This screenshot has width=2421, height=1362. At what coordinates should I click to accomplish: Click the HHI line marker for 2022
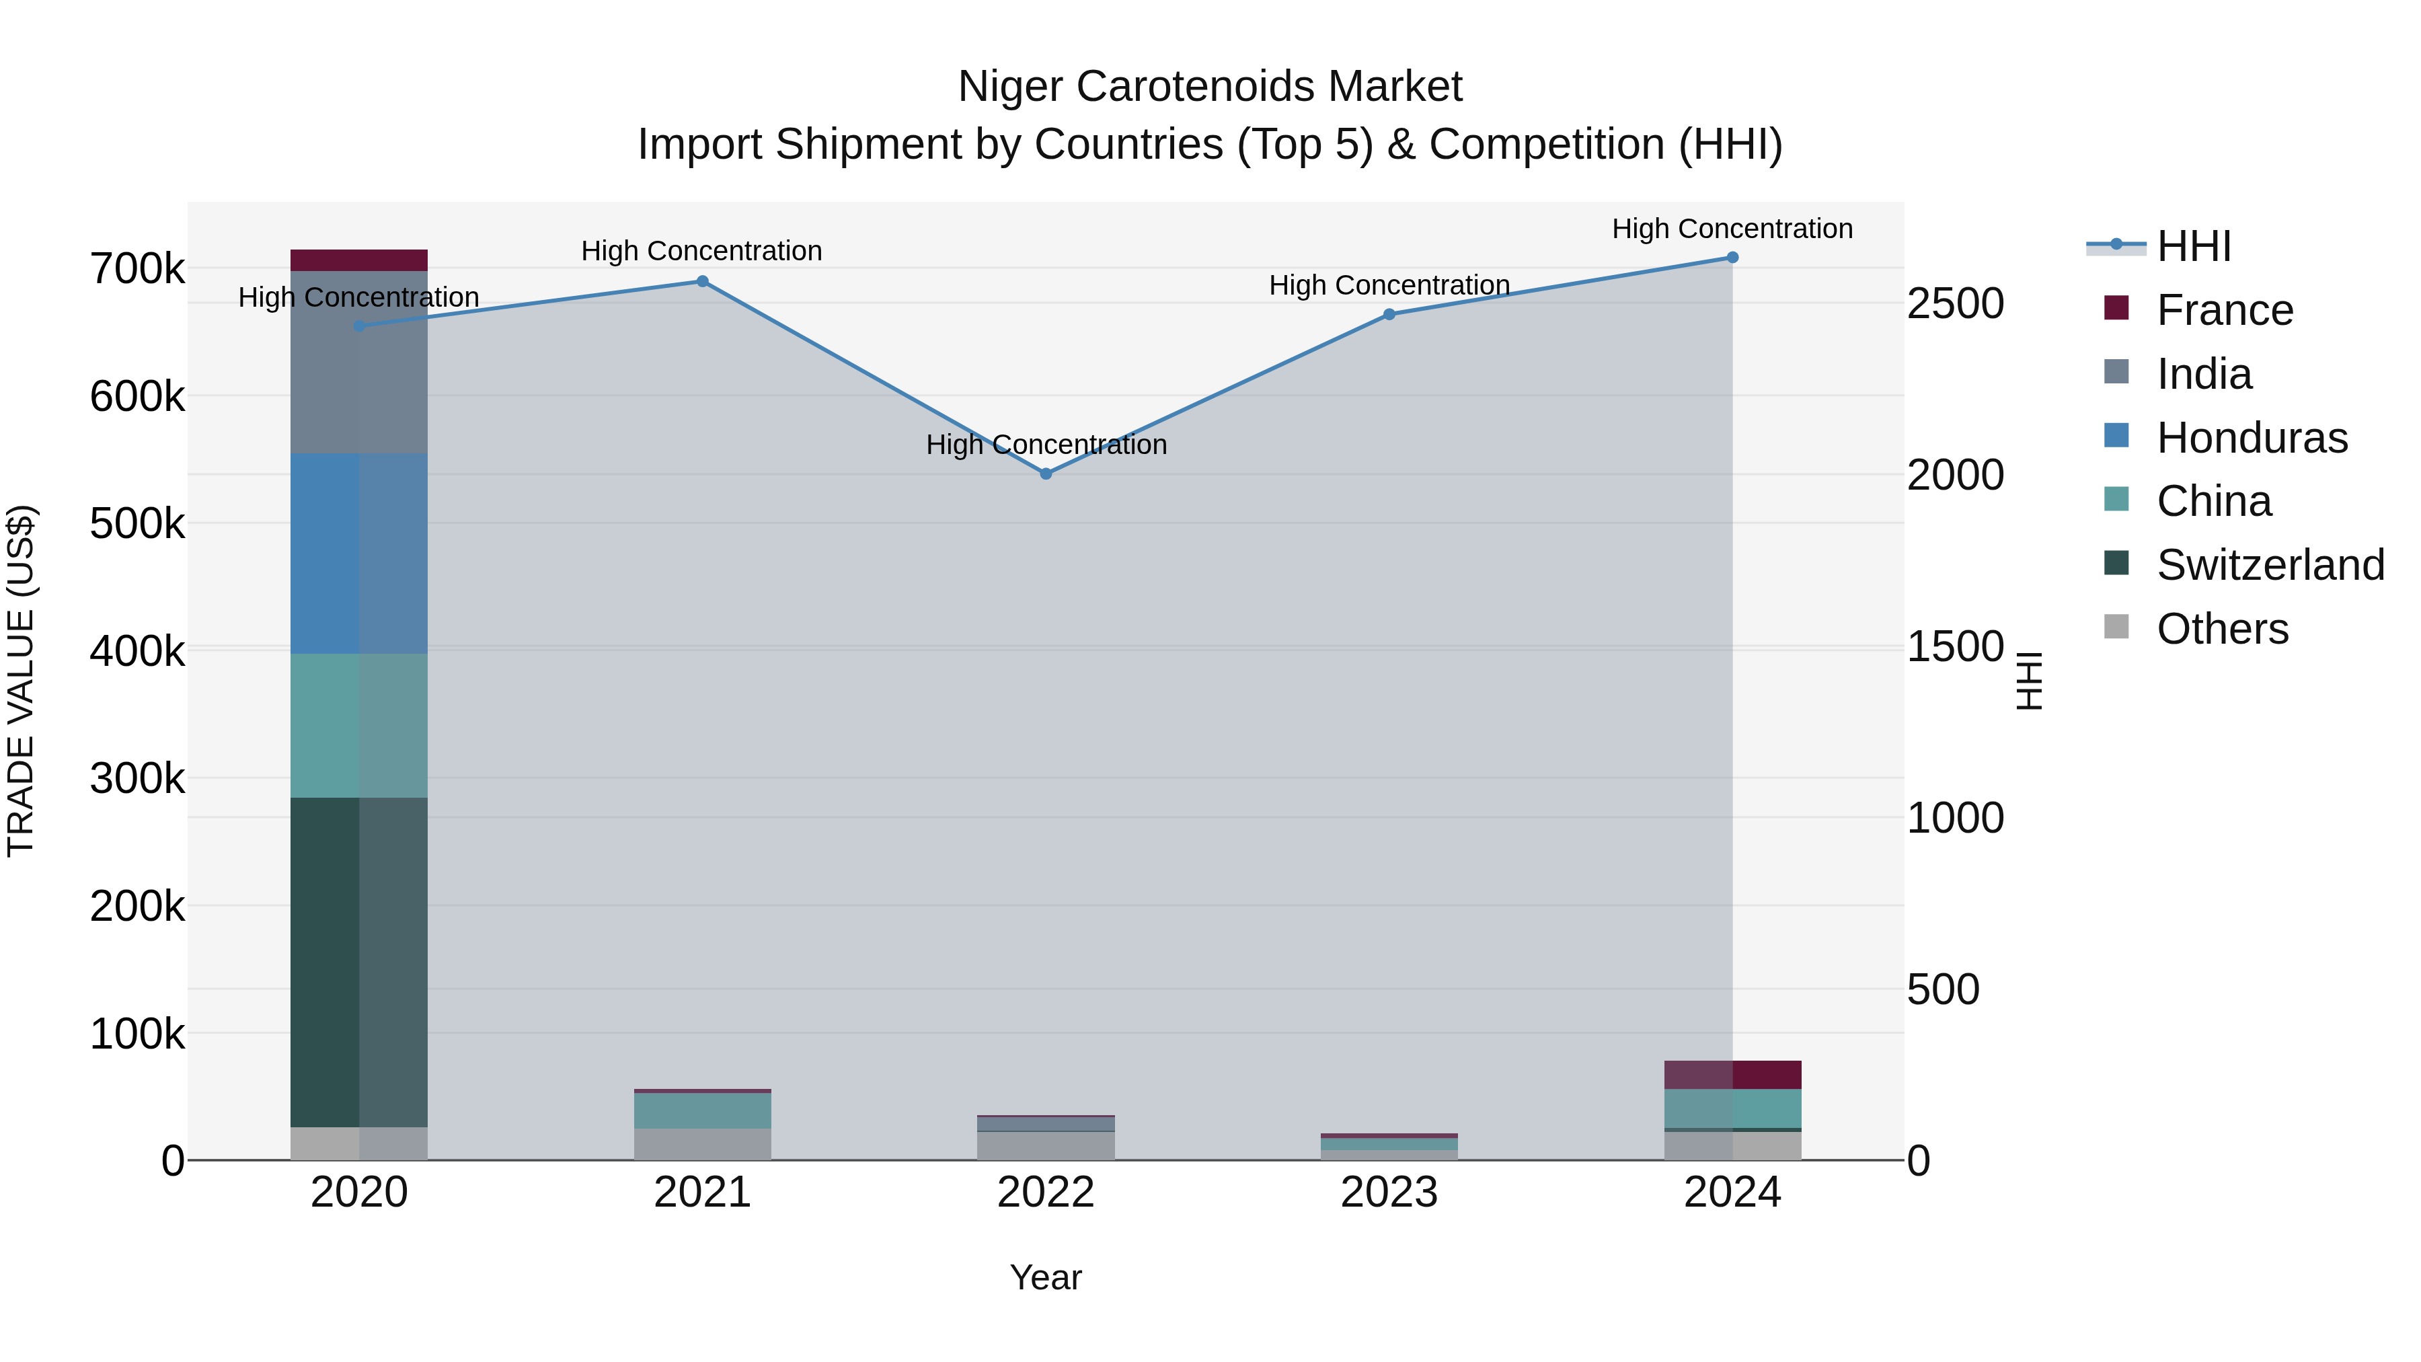[1046, 474]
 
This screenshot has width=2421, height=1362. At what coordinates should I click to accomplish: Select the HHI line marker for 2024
[1732, 258]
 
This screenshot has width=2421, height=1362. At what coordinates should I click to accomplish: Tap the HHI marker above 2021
[702, 281]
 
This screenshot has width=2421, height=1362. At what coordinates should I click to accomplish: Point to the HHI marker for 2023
[1389, 314]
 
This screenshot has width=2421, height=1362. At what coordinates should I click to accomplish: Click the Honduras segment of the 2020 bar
[359, 554]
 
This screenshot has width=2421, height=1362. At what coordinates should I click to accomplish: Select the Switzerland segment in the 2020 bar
[359, 962]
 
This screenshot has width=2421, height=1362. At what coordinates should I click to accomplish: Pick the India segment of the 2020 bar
[359, 362]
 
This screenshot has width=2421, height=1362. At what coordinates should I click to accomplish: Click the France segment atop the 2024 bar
[1732, 1074]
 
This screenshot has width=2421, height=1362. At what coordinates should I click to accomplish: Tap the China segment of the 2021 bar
[702, 1110]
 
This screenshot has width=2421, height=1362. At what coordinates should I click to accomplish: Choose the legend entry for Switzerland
[2270, 565]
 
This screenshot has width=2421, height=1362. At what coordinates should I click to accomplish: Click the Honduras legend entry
[2252, 438]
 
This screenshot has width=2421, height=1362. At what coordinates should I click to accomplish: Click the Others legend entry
[2222, 629]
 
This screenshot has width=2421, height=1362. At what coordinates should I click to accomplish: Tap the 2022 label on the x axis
[1046, 1193]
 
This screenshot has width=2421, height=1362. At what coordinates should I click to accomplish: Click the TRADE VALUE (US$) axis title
[21, 681]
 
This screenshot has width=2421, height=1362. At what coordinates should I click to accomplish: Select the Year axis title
[1046, 1277]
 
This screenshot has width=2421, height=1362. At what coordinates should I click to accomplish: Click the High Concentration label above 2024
[1732, 229]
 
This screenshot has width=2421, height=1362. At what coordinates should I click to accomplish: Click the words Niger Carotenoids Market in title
[1210, 87]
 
